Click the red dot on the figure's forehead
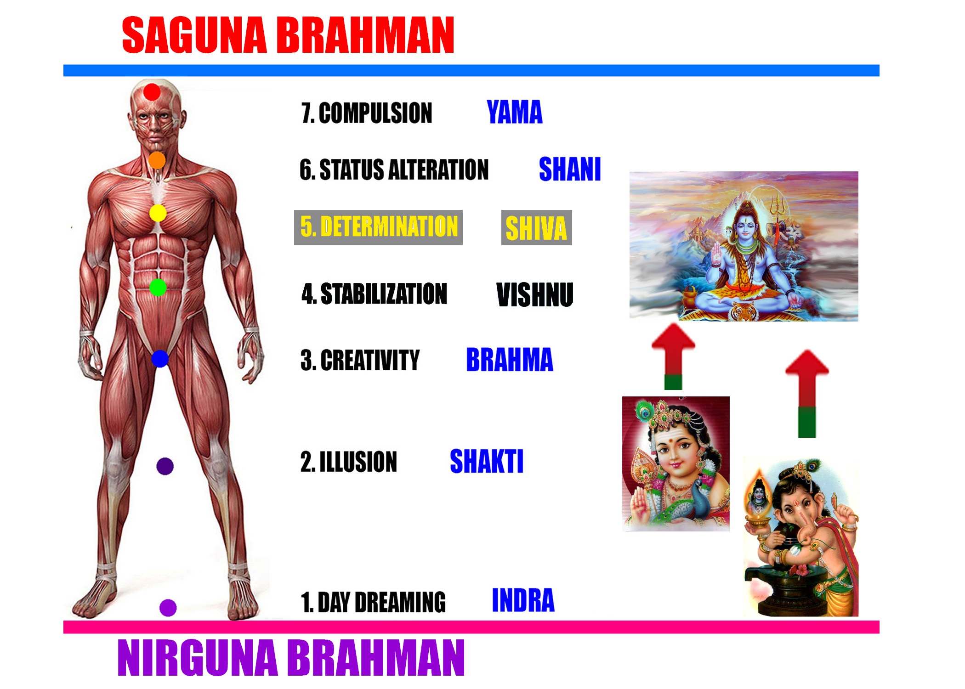coord(152,92)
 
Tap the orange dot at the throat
coord(157,160)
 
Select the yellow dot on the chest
coord(158,213)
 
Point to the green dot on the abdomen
coord(158,288)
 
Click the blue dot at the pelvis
coord(160,358)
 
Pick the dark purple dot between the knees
coord(165,466)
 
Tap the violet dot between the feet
coord(168,607)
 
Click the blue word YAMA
coord(514,113)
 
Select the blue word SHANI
coord(569,169)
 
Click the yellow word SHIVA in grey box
coord(536,228)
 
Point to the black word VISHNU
coord(535,294)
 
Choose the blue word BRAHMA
coord(509,360)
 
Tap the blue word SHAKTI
coord(486,461)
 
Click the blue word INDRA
coord(523,600)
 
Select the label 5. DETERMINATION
coord(378,227)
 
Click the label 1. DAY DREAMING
coord(373,602)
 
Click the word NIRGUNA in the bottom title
coord(198,658)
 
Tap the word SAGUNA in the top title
coord(194,35)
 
